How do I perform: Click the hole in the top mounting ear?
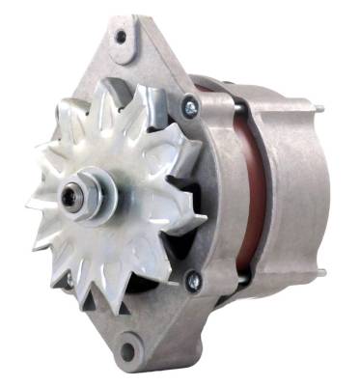pyautogui.click(x=121, y=39)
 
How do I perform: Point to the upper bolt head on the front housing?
pyautogui.click(x=188, y=110)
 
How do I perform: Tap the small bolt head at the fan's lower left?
pyautogui.click(x=68, y=280)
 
